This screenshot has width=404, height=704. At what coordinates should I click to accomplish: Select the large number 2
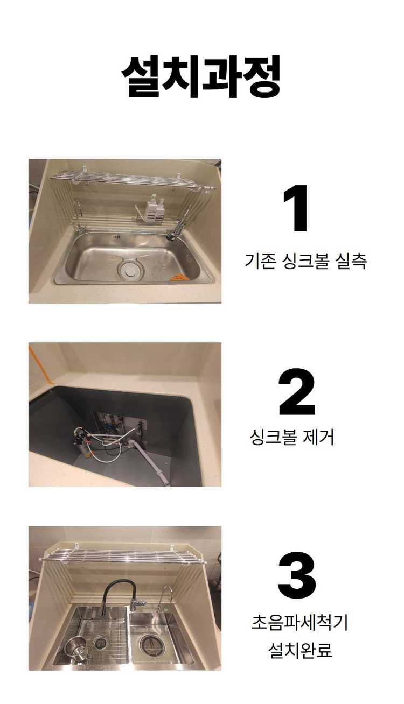click(296, 392)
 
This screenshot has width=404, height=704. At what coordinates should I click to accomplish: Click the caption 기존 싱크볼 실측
click(305, 262)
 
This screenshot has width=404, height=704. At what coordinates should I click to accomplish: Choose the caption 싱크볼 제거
click(292, 437)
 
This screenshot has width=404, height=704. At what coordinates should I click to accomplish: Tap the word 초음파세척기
click(300, 623)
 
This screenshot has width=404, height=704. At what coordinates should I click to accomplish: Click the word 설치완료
click(300, 650)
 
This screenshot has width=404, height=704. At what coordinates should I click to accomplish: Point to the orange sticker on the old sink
click(176, 277)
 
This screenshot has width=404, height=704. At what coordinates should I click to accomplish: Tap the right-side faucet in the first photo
click(179, 223)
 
